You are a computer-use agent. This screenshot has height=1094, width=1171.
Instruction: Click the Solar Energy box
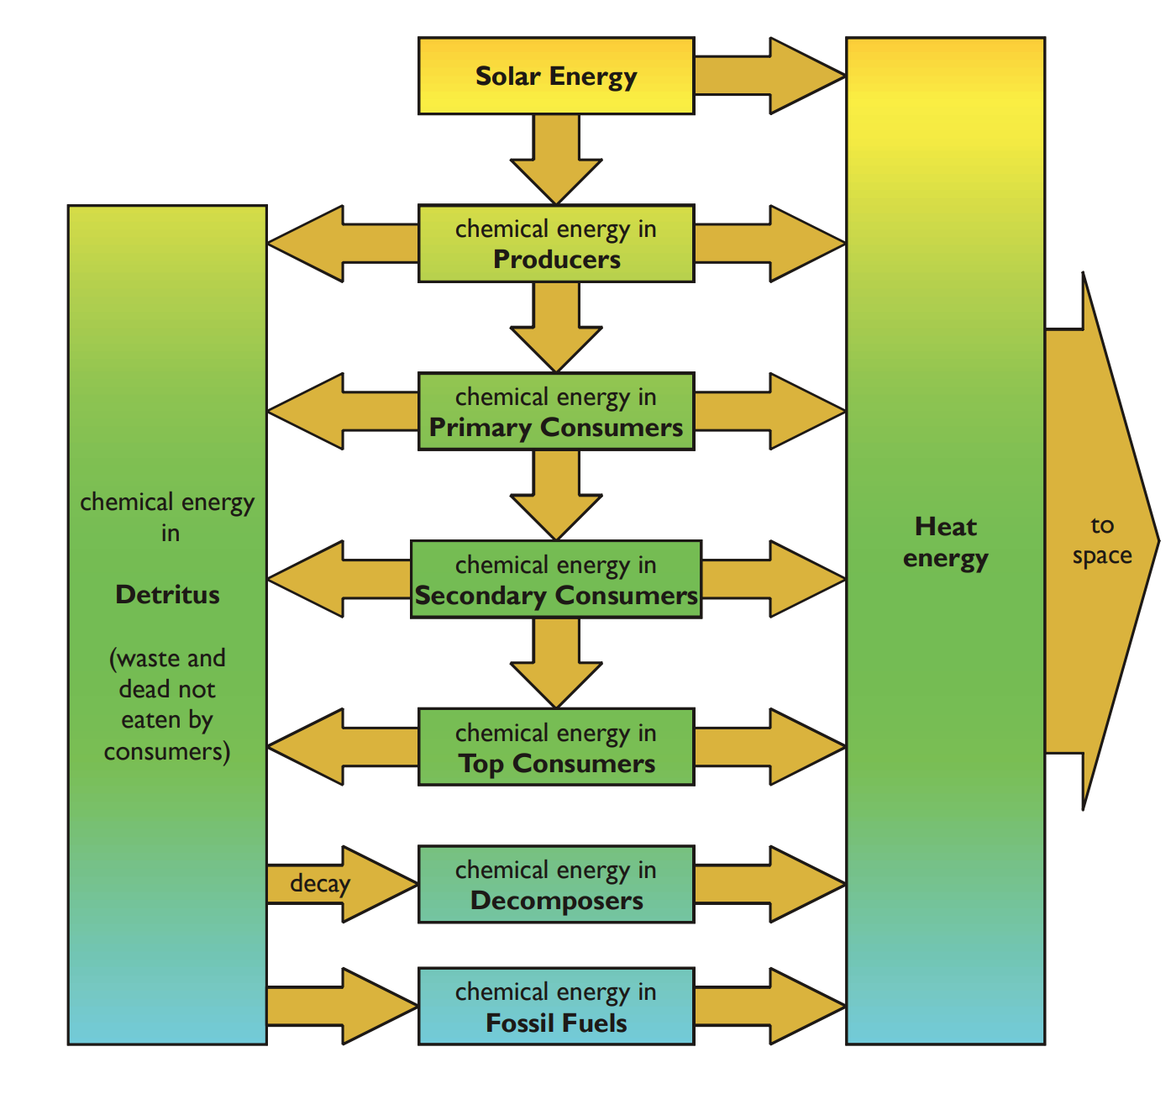[556, 76]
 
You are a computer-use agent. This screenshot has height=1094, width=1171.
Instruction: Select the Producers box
[556, 244]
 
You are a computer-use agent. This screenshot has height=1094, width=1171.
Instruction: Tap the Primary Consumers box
[556, 412]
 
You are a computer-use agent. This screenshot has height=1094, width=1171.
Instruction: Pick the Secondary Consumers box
[556, 580]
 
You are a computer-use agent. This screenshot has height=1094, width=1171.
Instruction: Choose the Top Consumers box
[556, 747]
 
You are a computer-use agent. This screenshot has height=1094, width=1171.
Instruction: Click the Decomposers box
[556, 885]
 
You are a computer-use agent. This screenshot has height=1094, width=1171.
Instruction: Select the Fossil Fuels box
[556, 1007]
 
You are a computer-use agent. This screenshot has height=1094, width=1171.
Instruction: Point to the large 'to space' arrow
[1100, 541]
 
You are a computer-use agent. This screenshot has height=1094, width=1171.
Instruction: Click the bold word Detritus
[167, 595]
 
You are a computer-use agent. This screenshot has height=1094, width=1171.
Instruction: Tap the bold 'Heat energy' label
[945, 543]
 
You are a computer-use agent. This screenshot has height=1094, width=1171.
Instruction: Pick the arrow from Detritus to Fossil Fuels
[340, 1007]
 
